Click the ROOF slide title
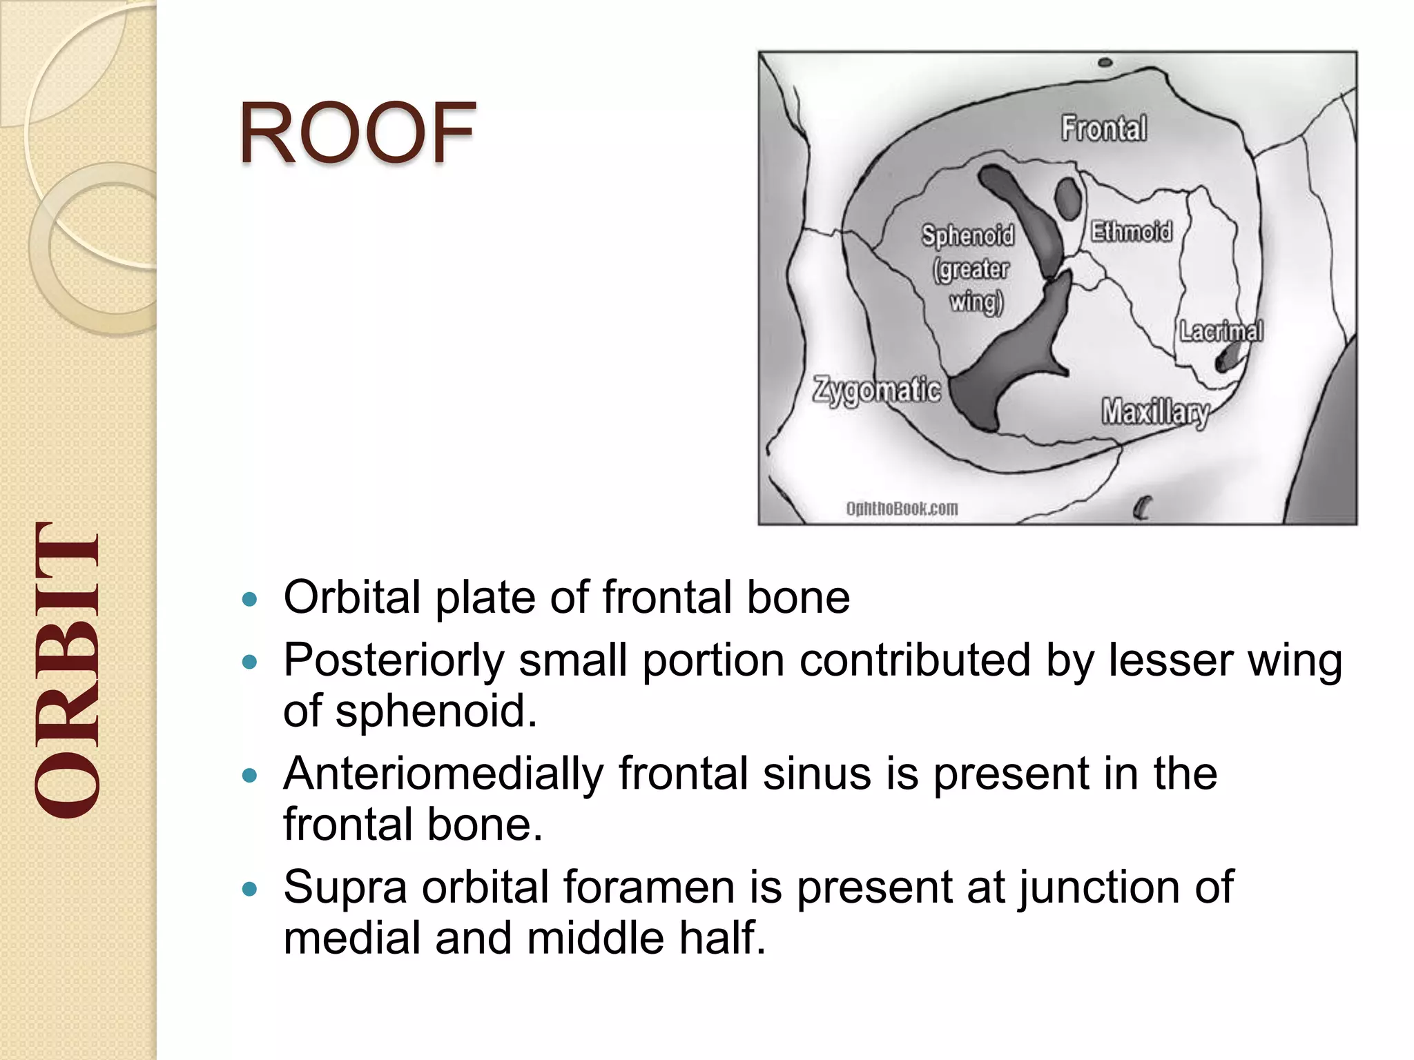tap(357, 132)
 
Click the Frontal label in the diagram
tap(1103, 128)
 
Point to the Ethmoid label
tap(1131, 231)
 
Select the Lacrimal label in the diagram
tap(1221, 331)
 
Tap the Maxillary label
tap(1154, 412)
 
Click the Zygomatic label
tap(876, 390)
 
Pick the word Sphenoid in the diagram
tap(968, 235)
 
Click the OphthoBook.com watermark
tap(902, 509)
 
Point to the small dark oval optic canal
tap(1067, 198)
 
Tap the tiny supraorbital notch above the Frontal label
tap(1105, 63)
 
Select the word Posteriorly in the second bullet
tap(394, 660)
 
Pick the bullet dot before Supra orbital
tap(250, 889)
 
